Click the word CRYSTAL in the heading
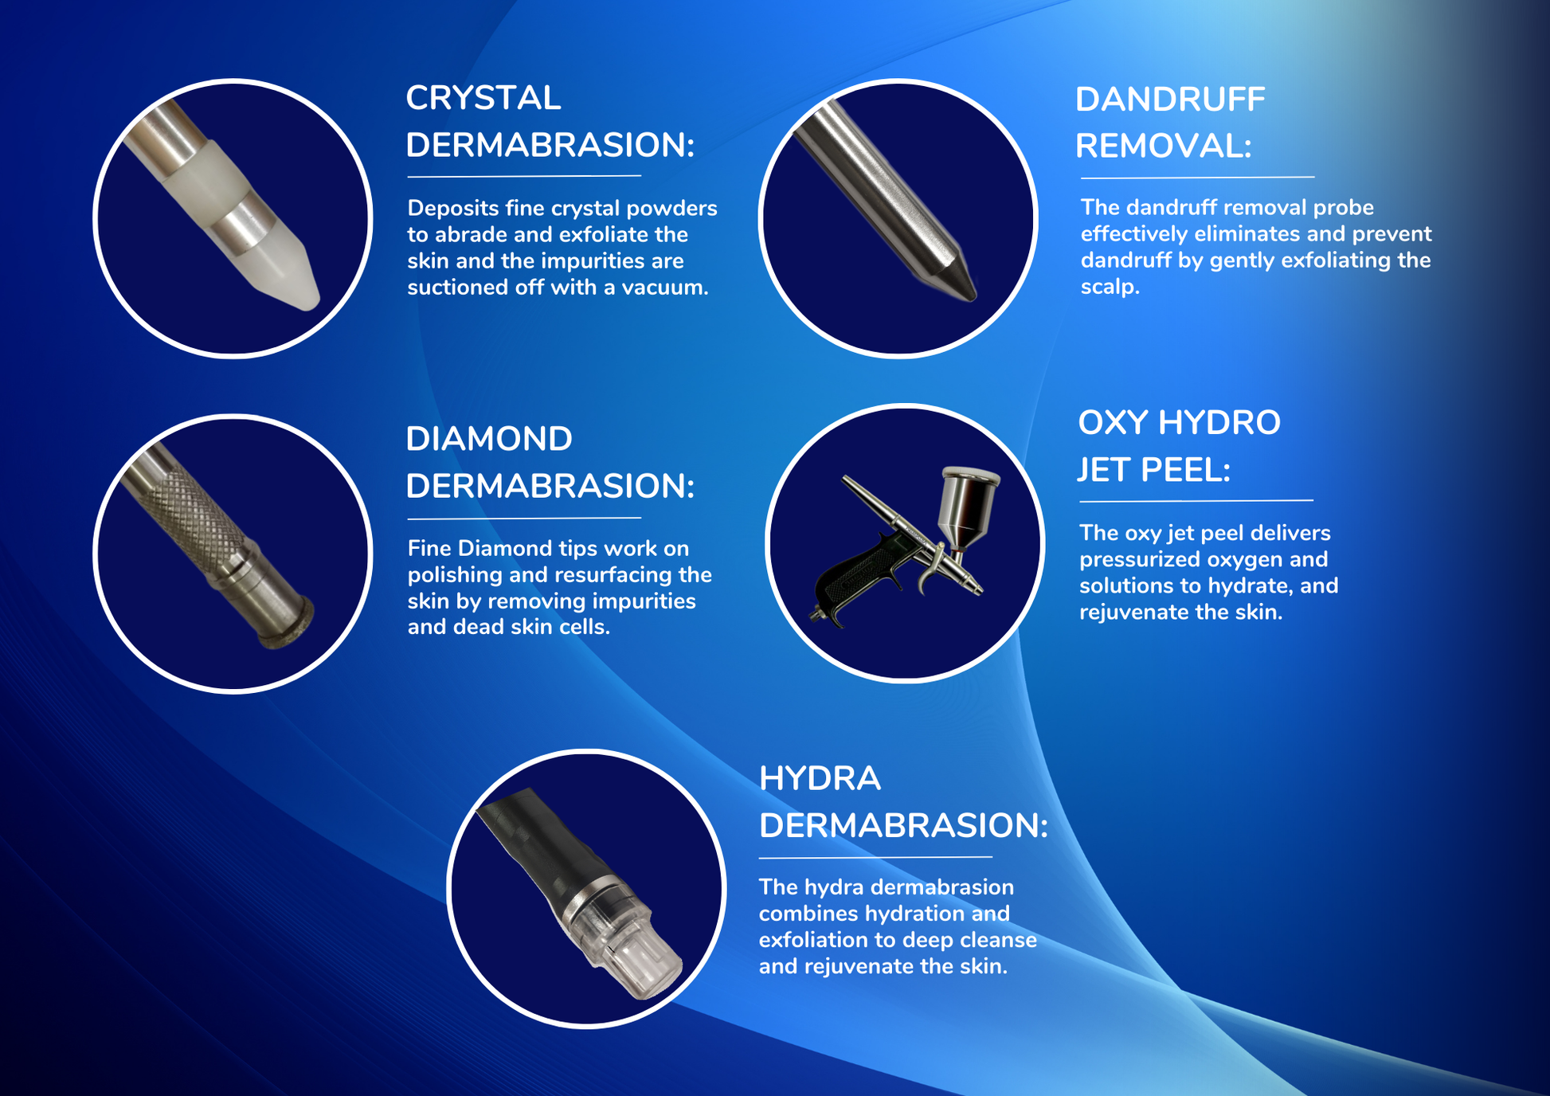coord(483,98)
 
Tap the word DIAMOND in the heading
coord(489,439)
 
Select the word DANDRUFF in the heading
coord(1170,100)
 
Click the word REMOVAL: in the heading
coord(1164,146)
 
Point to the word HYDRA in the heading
coord(820,778)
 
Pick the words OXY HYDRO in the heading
coord(1179,422)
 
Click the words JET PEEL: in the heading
coord(1154,469)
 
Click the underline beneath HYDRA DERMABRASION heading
coord(875,858)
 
